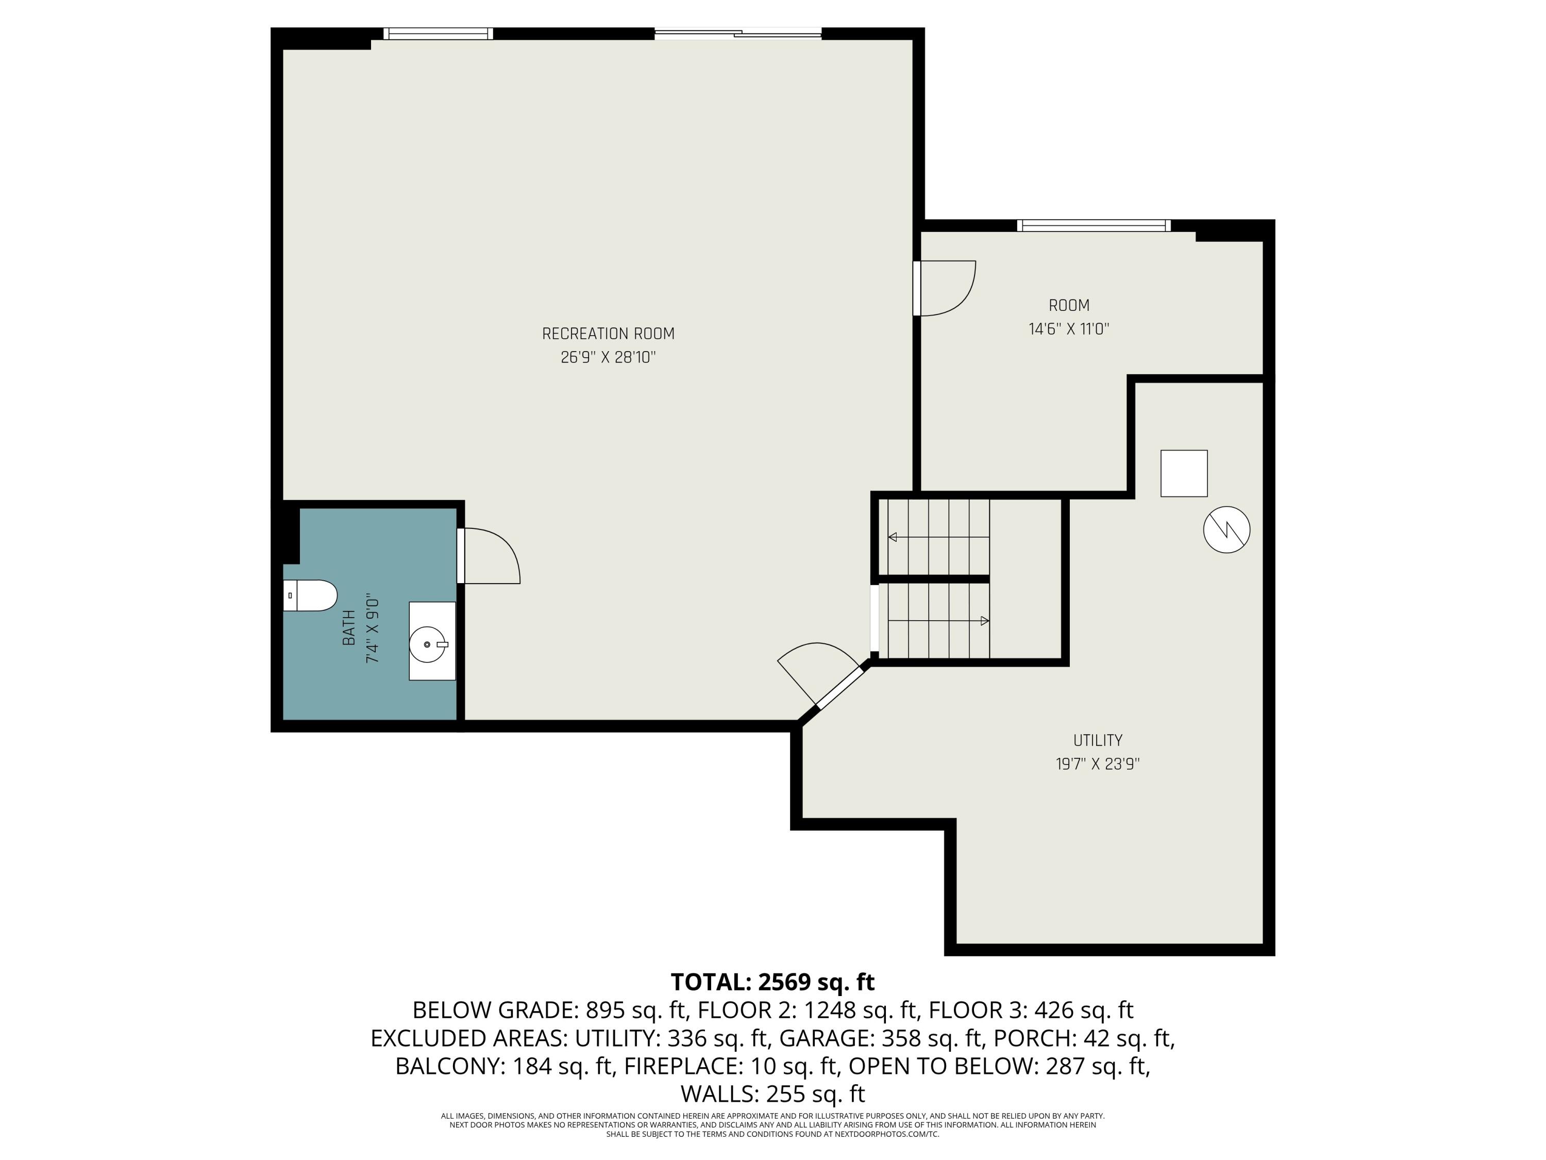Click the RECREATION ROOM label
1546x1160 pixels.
click(608, 334)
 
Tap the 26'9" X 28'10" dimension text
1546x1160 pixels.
click(608, 358)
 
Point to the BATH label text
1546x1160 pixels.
click(349, 627)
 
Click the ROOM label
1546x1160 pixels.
click(1069, 306)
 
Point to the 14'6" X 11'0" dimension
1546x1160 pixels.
click(1069, 329)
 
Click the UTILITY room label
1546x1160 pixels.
click(1097, 740)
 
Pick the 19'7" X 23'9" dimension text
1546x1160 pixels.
click(1097, 764)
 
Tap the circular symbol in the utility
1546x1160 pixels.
click(1226, 529)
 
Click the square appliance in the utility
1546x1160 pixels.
click(1183, 473)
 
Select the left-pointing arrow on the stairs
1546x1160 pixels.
click(893, 537)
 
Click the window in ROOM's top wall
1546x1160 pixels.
click(1093, 225)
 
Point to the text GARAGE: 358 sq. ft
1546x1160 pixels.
click(880, 1038)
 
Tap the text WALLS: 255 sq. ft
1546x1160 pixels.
click(772, 1093)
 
